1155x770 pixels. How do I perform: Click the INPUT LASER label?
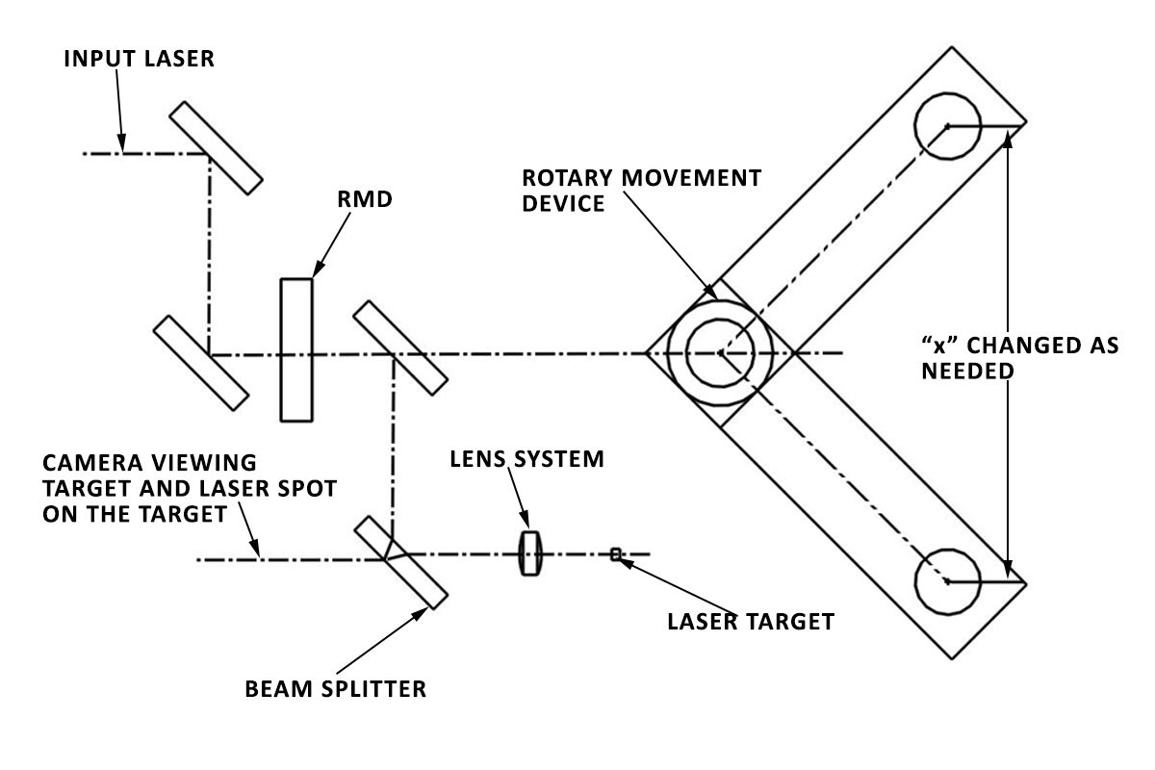point(139,59)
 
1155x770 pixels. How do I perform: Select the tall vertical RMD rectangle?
point(296,349)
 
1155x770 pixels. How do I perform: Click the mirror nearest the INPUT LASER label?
point(216,148)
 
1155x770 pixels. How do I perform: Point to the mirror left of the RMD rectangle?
point(201,361)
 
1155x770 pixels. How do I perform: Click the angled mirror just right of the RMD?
point(399,347)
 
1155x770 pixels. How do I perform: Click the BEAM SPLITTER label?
point(335,689)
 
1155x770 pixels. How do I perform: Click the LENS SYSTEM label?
point(527,459)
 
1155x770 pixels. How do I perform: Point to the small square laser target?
point(616,553)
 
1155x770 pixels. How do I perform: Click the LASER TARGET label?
point(750,622)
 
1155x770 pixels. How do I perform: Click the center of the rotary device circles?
point(720,353)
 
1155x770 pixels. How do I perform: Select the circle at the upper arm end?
point(947,125)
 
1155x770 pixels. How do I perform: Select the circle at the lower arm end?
point(947,581)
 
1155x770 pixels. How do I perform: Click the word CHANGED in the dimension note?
point(1016,346)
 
